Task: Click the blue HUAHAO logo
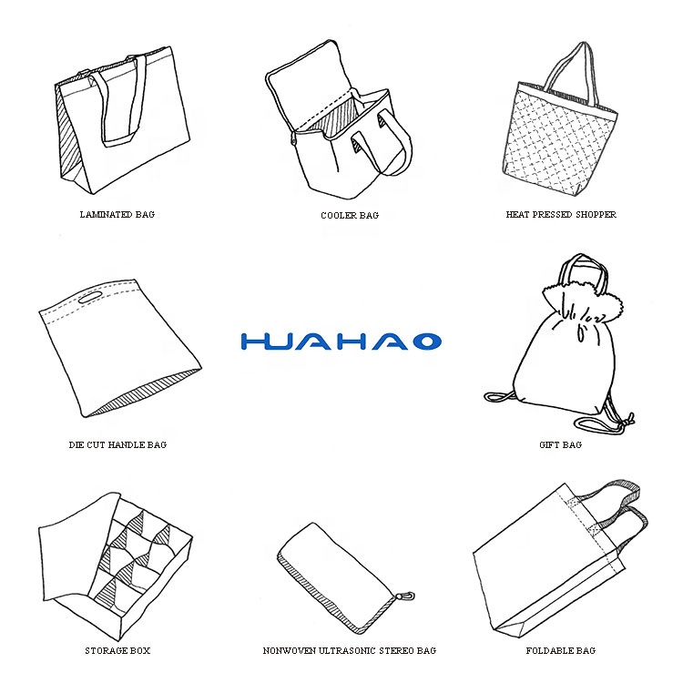[341, 341]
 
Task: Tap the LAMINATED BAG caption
[117, 214]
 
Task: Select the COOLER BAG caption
[350, 215]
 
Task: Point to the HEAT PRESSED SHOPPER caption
[561, 214]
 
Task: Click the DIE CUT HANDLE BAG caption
[117, 444]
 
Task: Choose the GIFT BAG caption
[561, 444]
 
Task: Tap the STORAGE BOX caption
[117, 651]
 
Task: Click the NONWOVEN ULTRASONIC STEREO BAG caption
[350, 651]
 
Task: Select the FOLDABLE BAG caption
[561, 651]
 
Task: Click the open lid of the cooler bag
[305, 83]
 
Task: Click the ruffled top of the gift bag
[584, 300]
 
